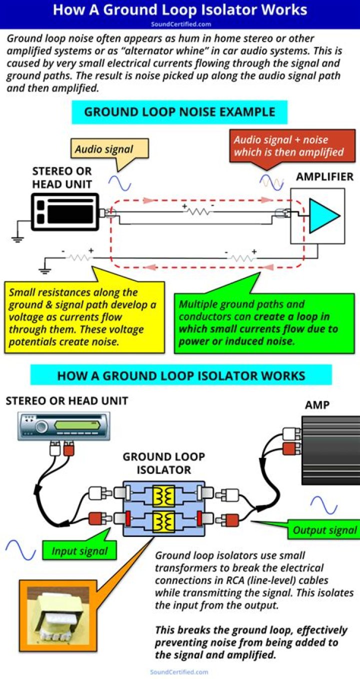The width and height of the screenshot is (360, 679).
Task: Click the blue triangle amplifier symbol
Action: (x=323, y=215)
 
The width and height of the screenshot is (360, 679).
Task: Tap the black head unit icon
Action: (x=64, y=212)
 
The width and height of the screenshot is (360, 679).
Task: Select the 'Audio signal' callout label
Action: (x=104, y=149)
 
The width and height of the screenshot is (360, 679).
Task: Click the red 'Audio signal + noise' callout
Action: (x=288, y=145)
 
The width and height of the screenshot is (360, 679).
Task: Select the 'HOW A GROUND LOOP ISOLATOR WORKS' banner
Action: (x=181, y=375)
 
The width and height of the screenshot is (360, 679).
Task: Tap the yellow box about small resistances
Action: (x=83, y=316)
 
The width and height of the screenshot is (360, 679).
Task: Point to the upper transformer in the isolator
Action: (x=163, y=496)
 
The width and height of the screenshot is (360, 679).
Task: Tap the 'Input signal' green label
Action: (x=79, y=551)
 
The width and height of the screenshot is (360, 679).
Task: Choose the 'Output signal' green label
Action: (x=324, y=530)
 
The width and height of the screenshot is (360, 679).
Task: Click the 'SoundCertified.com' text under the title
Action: (x=180, y=23)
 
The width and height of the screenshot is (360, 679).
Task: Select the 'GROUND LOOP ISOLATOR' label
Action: (x=163, y=463)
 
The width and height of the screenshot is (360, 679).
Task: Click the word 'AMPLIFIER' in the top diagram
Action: (x=324, y=176)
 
